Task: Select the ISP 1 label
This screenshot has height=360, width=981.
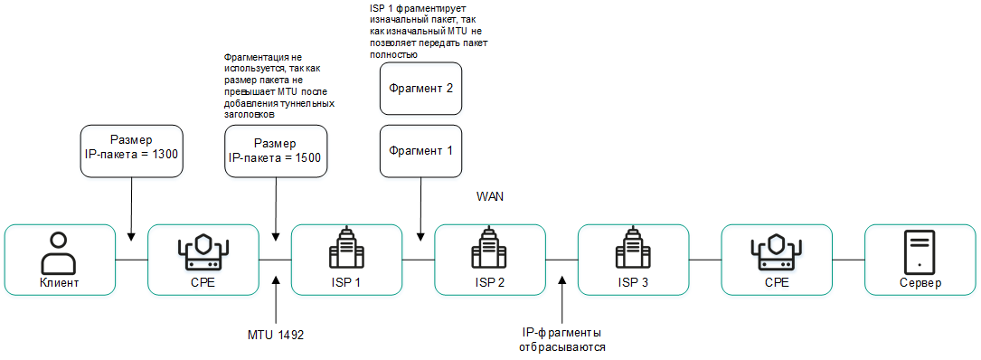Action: [346, 282]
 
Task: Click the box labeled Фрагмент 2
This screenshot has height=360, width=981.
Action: [420, 89]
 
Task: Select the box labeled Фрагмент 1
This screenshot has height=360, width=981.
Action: [420, 150]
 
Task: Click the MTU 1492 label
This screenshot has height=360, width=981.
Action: [275, 335]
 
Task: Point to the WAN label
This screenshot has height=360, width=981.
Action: [490, 195]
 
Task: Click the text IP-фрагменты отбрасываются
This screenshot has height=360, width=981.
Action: [561, 340]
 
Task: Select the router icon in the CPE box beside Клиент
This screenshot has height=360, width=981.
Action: [203, 252]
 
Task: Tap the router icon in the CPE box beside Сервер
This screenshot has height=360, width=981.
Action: [777, 252]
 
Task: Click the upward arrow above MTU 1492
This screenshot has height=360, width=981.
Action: [275, 302]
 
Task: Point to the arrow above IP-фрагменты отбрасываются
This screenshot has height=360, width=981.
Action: [561, 302]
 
